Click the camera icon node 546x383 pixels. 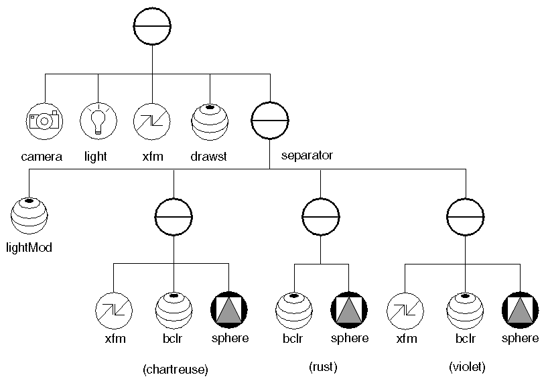44,121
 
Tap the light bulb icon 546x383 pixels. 98,121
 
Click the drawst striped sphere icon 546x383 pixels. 210,121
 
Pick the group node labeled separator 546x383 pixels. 269,121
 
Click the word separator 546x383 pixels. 307,155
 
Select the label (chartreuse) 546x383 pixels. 176,368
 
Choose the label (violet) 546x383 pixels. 466,366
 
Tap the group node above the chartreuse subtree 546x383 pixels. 174,216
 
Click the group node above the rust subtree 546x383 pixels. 321,216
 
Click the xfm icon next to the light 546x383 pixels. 152,121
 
